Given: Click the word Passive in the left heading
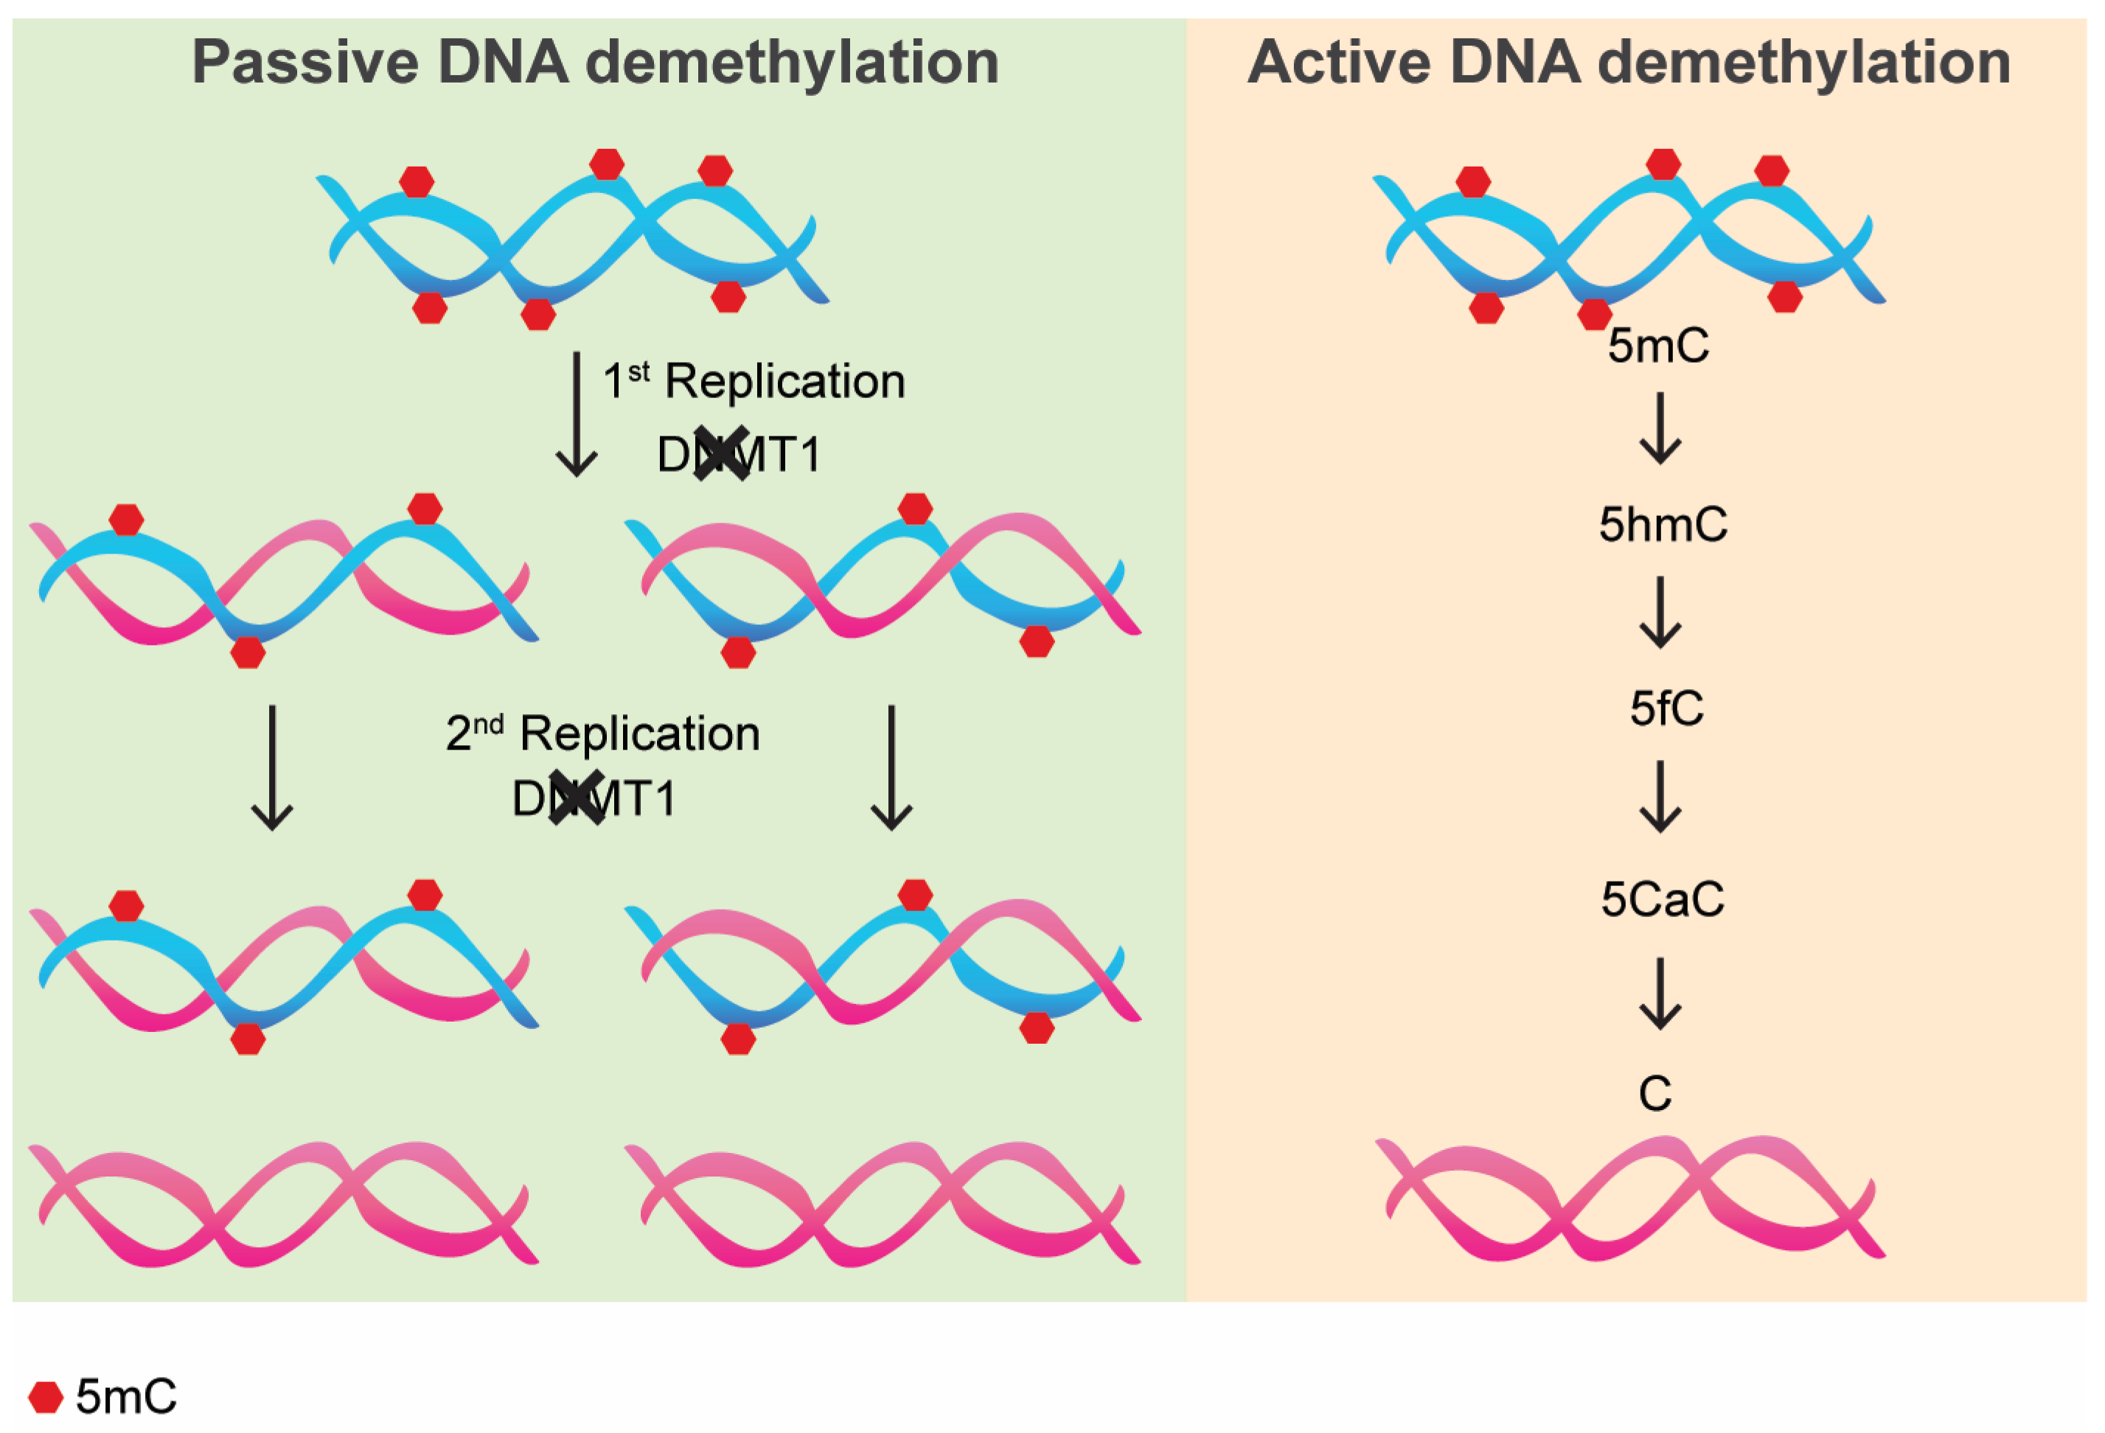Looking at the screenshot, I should pos(305,63).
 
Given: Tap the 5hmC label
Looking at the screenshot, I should pos(1662,524).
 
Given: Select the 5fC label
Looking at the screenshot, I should pos(1666,708).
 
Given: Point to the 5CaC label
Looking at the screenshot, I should pos(1662,899).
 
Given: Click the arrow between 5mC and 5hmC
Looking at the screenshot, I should pos(1660,428).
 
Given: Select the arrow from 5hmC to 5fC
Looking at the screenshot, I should pos(1660,613).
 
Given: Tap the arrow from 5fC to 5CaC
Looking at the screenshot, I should pos(1660,797).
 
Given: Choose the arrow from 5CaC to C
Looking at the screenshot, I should pos(1660,994).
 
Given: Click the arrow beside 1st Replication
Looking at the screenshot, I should pos(576,414).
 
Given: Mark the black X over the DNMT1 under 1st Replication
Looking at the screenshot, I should pos(722,453).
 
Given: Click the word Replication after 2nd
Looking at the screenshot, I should pos(639,733).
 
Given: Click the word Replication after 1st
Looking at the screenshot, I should pos(784,381).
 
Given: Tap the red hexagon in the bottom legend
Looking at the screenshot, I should pos(45,1397).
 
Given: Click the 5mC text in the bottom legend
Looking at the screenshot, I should pos(126,1397).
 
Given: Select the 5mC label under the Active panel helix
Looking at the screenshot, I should pos(1658,345).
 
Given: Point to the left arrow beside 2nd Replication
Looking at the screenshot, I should pos(272,768).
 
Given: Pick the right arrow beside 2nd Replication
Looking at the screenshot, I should pos(891,768).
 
